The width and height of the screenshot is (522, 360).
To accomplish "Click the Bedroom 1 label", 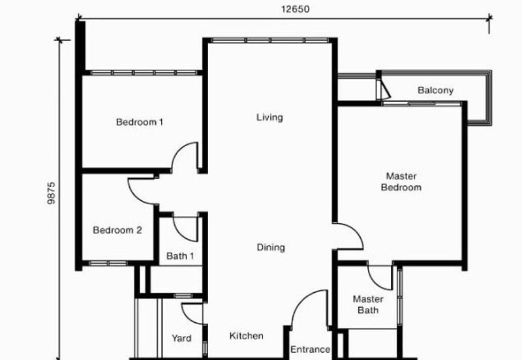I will coord(140,122).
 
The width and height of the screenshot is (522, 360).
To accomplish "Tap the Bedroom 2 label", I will coord(117,230).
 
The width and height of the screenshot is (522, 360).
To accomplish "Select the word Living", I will coord(269,117).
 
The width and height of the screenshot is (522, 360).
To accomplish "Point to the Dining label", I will coord(270,247).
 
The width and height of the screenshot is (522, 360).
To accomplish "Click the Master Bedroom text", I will coord(401,181).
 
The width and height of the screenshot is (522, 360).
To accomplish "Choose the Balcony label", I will coord(435,90).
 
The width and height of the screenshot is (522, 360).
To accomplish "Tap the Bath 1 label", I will coord(180,256).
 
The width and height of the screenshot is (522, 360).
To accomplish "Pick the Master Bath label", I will coord(368,305).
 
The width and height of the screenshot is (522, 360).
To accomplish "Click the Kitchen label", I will coord(247,336).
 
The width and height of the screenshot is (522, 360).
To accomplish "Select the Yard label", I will coord(181,338).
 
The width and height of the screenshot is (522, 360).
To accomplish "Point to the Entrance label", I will coord(310,349).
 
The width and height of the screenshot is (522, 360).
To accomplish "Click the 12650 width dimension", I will coord(295,9).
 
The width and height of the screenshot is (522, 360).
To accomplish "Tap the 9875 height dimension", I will coord(53,194).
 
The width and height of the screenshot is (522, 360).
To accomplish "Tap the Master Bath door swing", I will coord(379,274).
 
